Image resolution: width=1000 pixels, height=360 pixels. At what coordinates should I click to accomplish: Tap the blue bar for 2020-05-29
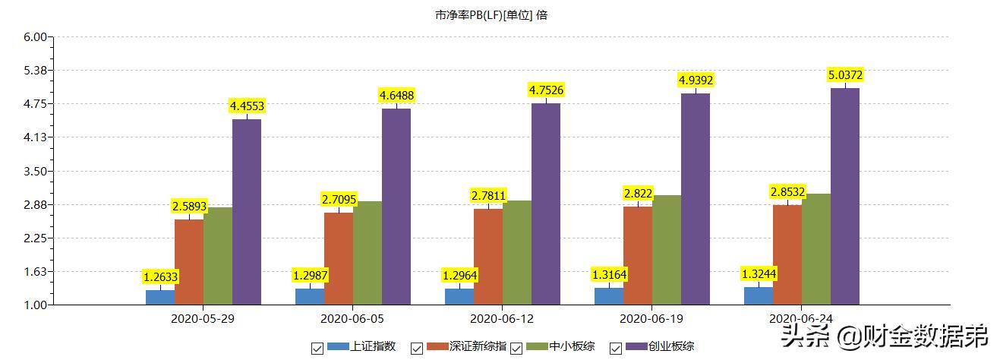[160, 297]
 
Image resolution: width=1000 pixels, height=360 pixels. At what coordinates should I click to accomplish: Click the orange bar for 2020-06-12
[488, 256]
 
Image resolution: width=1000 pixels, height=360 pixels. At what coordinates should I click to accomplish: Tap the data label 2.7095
[338, 200]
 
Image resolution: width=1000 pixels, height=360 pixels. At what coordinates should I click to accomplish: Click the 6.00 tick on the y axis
[36, 36]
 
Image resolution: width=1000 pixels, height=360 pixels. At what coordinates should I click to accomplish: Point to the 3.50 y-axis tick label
[36, 171]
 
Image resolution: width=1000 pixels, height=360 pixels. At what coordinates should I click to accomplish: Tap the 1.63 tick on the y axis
[36, 272]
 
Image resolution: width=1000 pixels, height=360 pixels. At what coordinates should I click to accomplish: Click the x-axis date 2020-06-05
[352, 317]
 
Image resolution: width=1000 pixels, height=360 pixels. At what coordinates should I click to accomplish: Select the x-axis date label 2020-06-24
[800, 317]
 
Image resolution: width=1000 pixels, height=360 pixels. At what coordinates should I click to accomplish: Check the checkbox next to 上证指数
[317, 348]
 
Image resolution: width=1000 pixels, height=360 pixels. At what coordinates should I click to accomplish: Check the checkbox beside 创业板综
[616, 348]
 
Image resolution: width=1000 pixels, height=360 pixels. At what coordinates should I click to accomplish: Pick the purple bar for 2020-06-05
[396, 206]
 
